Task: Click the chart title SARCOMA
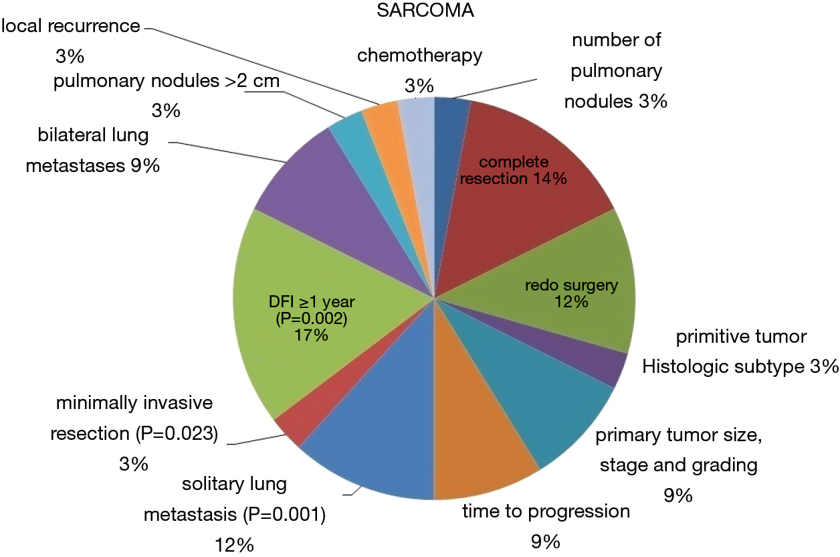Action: point(425,10)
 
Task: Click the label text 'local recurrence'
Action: point(71,26)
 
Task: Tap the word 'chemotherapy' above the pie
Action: point(419,56)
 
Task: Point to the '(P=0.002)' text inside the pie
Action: point(311,319)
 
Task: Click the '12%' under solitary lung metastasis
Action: point(234,546)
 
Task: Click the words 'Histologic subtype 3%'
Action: point(740,367)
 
